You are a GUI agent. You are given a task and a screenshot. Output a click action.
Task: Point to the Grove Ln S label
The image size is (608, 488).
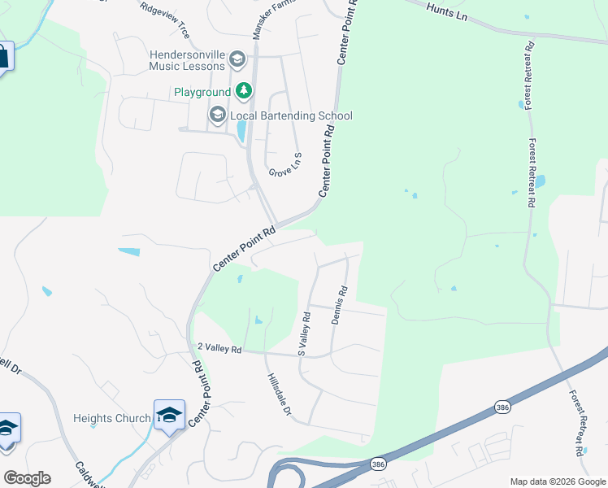coord(285,164)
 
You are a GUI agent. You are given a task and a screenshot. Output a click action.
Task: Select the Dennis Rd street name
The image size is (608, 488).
coord(340,305)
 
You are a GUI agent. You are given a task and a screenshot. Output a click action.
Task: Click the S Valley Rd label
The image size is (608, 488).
coord(304,334)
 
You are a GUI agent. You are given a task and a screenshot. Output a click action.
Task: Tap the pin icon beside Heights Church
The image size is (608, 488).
coord(169,416)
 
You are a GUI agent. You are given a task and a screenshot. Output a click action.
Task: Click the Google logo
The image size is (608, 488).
coord(27,477)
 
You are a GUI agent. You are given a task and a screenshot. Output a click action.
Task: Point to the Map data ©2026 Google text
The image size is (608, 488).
coord(557,481)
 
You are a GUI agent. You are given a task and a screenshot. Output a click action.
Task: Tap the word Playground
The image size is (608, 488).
coord(202,92)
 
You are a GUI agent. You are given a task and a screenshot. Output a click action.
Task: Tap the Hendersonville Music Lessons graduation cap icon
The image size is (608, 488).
coord(237,59)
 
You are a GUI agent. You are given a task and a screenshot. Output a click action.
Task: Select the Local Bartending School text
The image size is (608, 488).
coord(291,115)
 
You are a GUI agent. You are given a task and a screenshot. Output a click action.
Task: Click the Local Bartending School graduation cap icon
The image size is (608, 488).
coord(217,115)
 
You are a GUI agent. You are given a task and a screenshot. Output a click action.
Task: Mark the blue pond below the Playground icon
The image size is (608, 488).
coord(241,130)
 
